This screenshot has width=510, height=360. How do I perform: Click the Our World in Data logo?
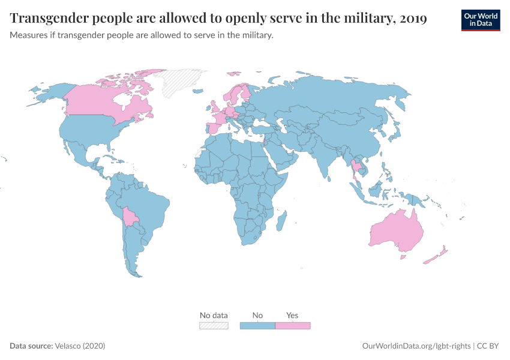tap(480, 20)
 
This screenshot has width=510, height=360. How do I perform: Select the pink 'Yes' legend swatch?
tap(292, 325)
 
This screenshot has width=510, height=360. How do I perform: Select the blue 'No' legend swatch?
tap(257, 325)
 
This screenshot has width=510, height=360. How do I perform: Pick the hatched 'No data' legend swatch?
tap(214, 325)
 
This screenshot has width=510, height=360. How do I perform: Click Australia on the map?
tap(396, 231)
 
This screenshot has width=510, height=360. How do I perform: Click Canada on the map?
tap(102, 102)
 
